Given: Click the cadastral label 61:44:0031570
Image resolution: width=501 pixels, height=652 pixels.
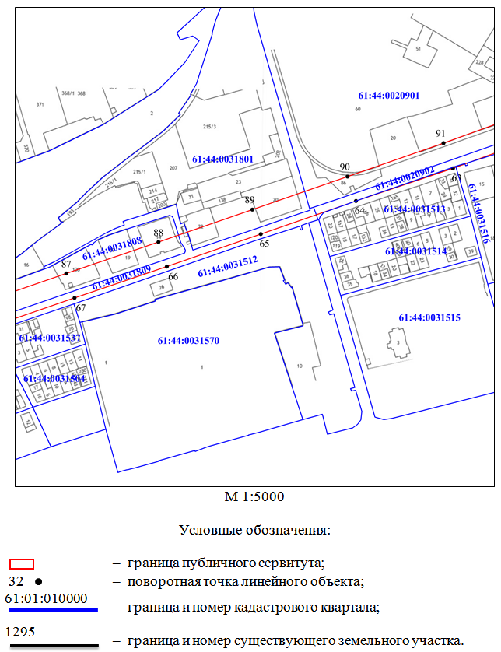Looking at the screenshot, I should [188, 340].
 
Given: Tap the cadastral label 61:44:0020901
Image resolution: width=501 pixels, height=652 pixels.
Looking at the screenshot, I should [388, 96].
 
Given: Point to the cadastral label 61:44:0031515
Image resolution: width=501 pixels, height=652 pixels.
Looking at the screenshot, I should [429, 317].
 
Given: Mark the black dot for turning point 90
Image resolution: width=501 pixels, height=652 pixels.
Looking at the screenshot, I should [348, 176].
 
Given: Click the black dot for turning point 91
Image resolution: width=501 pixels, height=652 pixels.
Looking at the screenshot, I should [443, 142].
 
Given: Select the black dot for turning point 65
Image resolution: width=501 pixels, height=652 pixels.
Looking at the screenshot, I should [261, 233].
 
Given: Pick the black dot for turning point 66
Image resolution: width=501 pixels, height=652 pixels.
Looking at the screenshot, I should [167, 267].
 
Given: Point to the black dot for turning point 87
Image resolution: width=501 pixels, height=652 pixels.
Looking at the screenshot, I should [67, 273].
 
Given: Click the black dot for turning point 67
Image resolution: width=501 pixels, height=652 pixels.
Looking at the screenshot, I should [75, 298].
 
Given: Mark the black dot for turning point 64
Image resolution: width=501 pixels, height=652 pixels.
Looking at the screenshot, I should [356, 202].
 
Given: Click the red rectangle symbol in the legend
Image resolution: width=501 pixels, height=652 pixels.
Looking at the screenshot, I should [21, 564].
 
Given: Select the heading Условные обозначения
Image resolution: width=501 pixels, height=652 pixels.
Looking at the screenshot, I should [255, 531].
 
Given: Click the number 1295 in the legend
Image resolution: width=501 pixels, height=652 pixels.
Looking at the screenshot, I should [22, 631].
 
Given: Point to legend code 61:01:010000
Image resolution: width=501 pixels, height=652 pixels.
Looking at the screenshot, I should [46, 599].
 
